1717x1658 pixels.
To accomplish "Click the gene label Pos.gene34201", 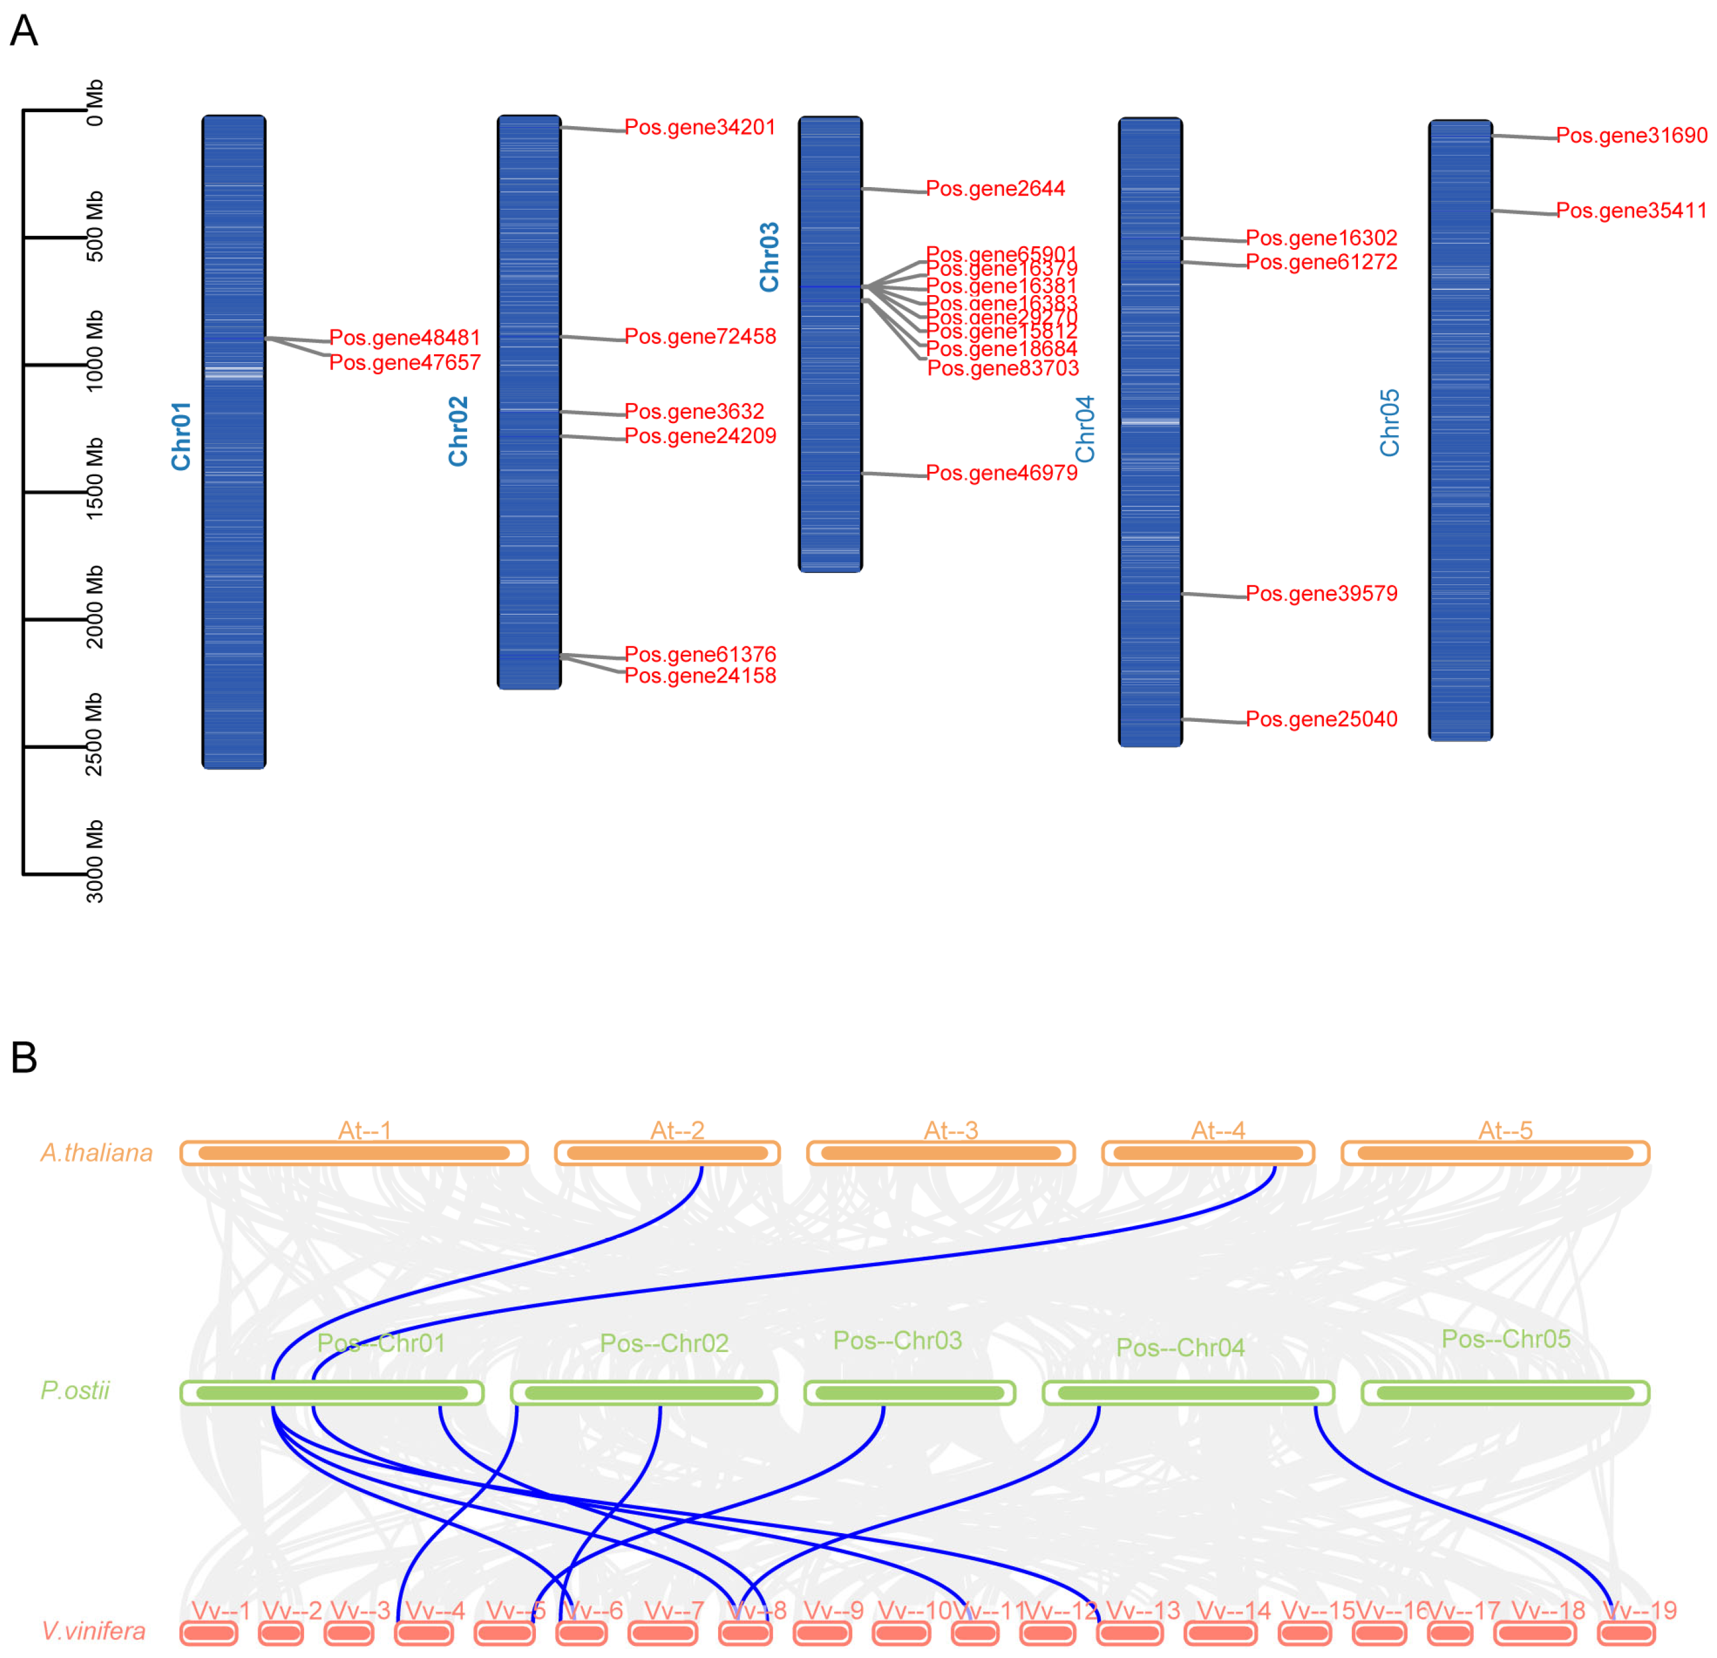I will [x=700, y=127].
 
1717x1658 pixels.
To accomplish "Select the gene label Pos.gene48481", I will [x=405, y=337].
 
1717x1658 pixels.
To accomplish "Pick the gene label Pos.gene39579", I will [x=1321, y=593].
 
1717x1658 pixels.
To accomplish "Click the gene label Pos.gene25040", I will [x=1321, y=719].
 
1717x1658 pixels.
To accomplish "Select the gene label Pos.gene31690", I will [x=1631, y=135].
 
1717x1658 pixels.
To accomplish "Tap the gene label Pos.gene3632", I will [x=694, y=411].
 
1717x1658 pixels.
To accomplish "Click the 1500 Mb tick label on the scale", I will [x=95, y=479].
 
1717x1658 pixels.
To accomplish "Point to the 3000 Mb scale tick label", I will [x=95, y=861].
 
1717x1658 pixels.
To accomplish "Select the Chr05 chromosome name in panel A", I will [x=1389, y=422].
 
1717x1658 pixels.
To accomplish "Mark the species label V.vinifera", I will [x=94, y=1631].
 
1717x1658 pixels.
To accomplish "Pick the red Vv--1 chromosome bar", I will [x=208, y=1633].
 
